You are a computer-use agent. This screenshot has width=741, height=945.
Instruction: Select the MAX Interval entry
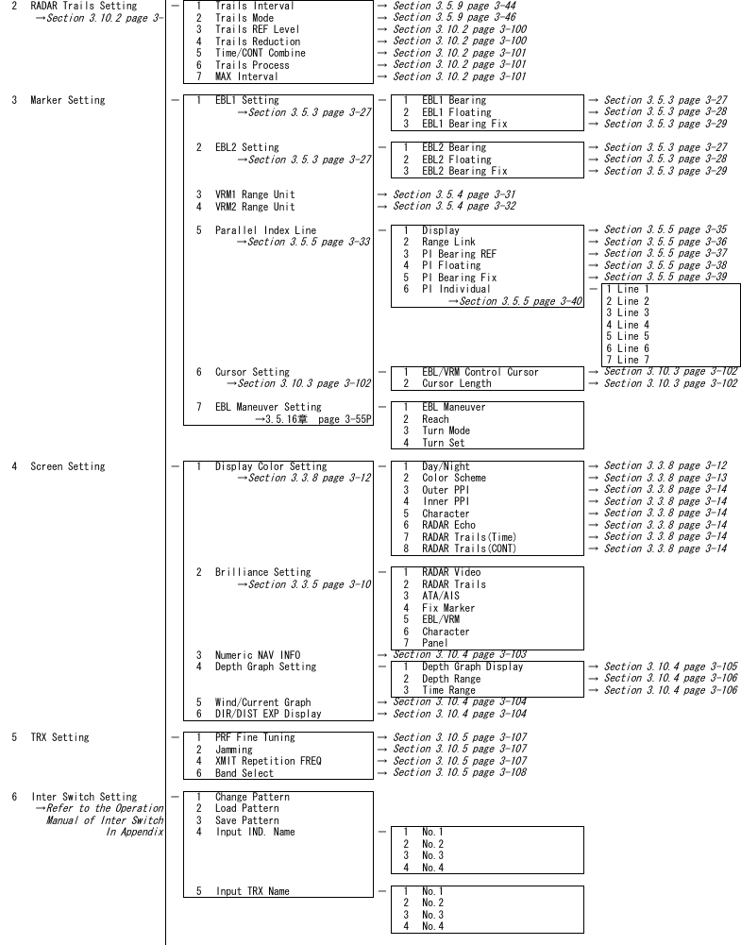pyautogui.click(x=246, y=76)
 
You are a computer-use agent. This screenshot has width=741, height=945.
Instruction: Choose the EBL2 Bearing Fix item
pyautogui.click(x=463, y=171)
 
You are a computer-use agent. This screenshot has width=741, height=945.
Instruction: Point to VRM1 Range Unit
pyautogui.click(x=254, y=194)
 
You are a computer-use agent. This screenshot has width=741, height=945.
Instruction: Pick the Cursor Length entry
pyautogui.click(x=456, y=383)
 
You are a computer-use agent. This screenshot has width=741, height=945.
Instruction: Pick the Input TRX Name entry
pyautogui.click(x=252, y=891)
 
